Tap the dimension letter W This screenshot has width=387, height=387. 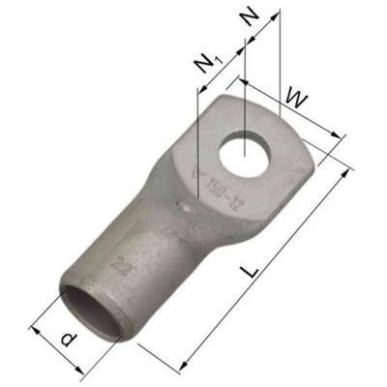click(x=298, y=97)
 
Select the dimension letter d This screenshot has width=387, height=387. click(x=66, y=340)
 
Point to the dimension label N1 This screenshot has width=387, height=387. click(x=204, y=64)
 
